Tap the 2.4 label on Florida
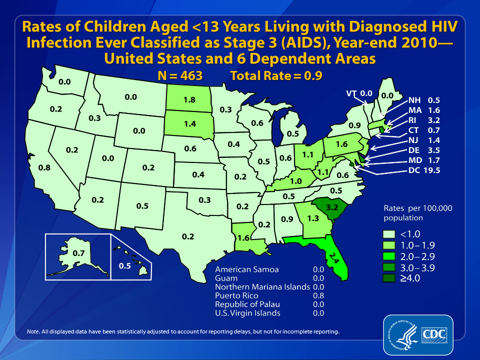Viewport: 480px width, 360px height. coord(331,258)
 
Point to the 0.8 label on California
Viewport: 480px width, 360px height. coord(44,168)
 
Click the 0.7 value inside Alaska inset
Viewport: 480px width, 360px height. coord(78,253)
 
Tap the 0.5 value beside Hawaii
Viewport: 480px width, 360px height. coord(125,265)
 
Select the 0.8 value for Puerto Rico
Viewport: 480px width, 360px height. coord(318,295)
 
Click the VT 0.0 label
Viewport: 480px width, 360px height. coord(359,93)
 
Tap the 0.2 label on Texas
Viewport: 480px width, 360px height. coord(187,236)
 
